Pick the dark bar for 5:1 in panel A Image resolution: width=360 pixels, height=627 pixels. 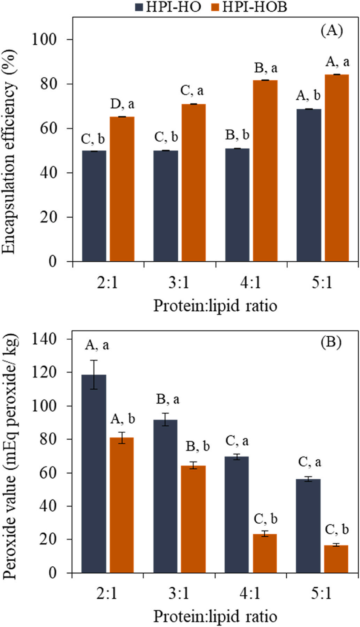[x=309, y=185]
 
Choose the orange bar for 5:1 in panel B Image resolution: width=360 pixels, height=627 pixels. [x=336, y=559]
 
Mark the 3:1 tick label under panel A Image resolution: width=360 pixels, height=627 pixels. [x=179, y=282]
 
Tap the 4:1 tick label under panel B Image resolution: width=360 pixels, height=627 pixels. [x=250, y=593]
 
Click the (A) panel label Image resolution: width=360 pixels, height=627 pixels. [x=332, y=30]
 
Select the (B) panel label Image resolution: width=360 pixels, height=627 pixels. [x=331, y=342]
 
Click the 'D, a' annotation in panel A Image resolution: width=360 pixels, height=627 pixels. [x=122, y=104]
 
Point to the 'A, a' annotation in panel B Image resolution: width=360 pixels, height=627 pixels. [x=97, y=345]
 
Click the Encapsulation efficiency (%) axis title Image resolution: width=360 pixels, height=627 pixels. [x=9, y=151]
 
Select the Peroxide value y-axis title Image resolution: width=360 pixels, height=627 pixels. [x=9, y=456]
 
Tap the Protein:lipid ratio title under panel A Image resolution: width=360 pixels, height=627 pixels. [x=215, y=305]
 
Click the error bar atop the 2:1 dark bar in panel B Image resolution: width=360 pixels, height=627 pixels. [x=94, y=374]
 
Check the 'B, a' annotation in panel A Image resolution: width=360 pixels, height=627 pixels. [x=266, y=68]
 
